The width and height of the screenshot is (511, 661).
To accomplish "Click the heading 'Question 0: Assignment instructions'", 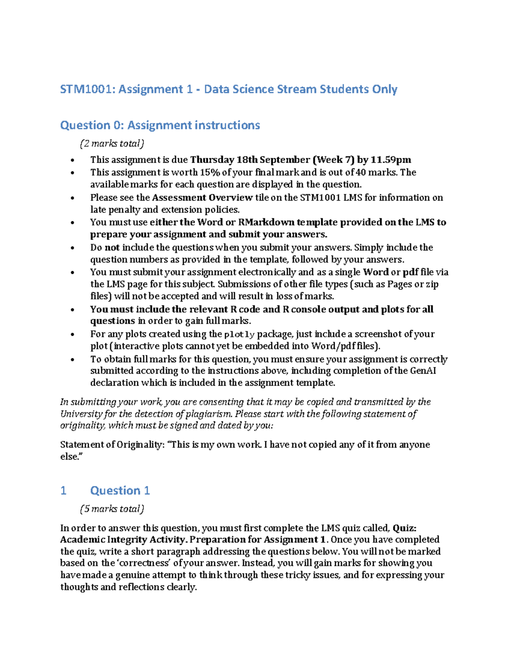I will click(160, 125).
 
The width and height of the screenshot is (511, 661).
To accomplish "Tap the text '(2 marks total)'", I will click(112, 143).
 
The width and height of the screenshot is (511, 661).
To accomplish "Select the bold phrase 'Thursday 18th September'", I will click(250, 160).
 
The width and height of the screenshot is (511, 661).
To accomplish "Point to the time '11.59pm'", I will click(390, 160).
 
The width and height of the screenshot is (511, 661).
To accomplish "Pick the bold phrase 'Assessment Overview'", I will click(202, 197).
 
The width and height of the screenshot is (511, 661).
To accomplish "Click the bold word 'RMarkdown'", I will click(266, 222).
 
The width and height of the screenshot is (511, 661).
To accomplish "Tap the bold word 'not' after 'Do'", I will click(112, 248).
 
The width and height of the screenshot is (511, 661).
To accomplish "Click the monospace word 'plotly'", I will click(239, 335).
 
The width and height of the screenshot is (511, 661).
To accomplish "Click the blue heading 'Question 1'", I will click(120, 491).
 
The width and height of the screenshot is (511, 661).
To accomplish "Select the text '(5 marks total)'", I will click(112, 509).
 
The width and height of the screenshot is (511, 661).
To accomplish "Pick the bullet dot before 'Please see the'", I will click(73, 198).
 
